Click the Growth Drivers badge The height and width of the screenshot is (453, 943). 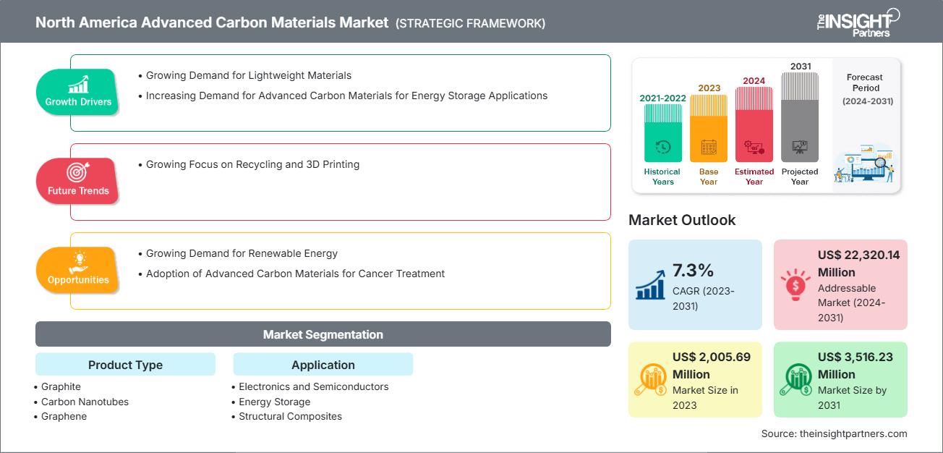click(78, 92)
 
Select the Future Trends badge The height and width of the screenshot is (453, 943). click(78, 181)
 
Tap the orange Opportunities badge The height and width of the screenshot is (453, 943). click(78, 270)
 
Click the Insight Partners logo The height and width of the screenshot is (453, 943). click(858, 22)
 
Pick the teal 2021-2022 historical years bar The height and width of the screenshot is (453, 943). click(662, 133)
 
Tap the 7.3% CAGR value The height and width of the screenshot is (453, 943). click(693, 271)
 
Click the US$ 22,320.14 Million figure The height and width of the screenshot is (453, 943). click(858, 263)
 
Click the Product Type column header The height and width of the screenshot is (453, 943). click(125, 365)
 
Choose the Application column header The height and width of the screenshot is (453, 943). click(323, 365)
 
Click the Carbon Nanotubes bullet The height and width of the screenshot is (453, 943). click(85, 402)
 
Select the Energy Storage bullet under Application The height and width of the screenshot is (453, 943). click(274, 402)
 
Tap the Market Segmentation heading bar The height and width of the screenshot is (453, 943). click(323, 334)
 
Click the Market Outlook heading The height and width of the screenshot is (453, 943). click(682, 220)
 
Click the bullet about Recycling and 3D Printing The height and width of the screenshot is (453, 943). click(252, 164)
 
